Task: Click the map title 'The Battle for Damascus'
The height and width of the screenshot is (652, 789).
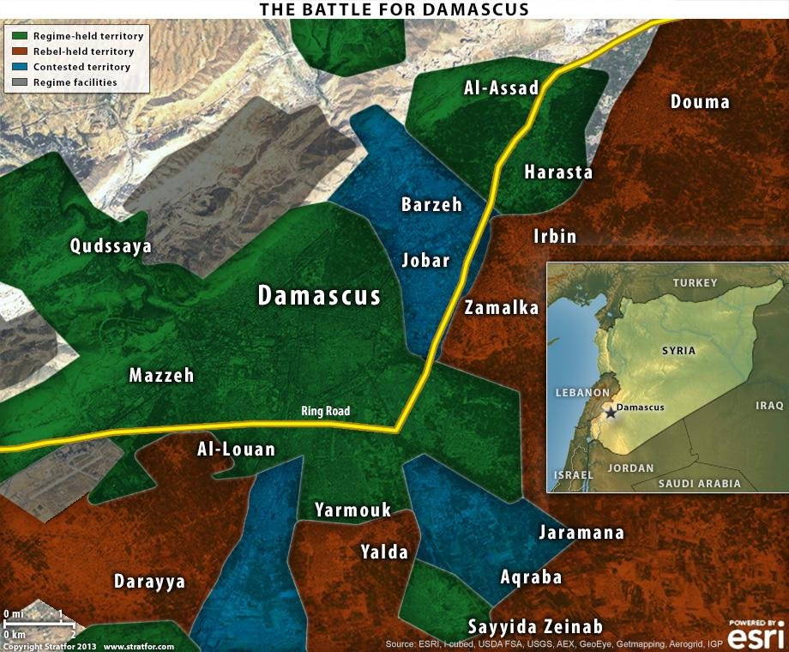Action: pyautogui.click(x=394, y=9)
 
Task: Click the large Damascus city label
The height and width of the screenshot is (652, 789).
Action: pyautogui.click(x=319, y=296)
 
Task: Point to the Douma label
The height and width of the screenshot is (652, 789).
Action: pyautogui.click(x=700, y=102)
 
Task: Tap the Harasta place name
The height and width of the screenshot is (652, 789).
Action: pyautogui.click(x=558, y=172)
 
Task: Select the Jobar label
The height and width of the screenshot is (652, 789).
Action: pyautogui.click(x=426, y=260)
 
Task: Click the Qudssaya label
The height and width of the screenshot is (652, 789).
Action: pyautogui.click(x=111, y=247)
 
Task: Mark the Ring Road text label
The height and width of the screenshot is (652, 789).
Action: pyautogui.click(x=326, y=412)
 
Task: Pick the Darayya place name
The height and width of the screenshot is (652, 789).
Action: pyautogui.click(x=149, y=582)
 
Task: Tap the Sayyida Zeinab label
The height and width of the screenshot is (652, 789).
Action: pyautogui.click(x=535, y=626)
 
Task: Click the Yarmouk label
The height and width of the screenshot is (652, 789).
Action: pyautogui.click(x=352, y=510)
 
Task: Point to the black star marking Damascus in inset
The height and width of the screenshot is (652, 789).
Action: pyautogui.click(x=610, y=414)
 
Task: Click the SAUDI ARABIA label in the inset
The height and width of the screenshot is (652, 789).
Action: pyautogui.click(x=699, y=484)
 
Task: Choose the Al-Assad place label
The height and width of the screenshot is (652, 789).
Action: pyautogui.click(x=501, y=88)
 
